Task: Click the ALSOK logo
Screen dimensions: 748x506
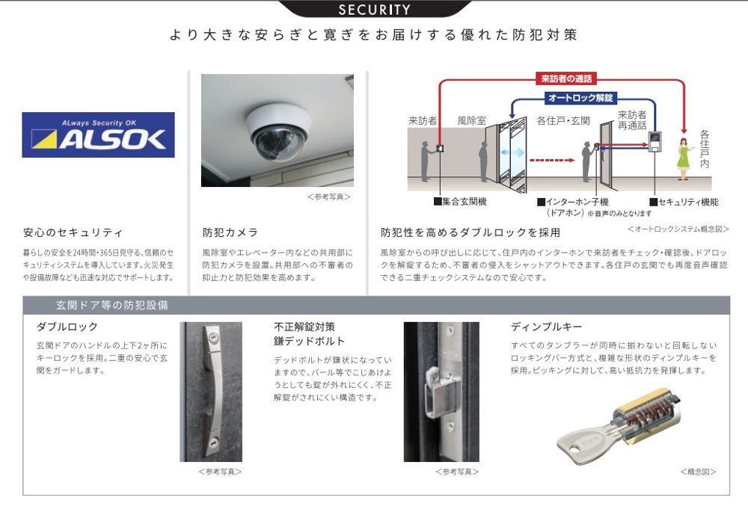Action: (x=98, y=135)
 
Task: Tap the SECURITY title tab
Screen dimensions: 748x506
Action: (x=374, y=9)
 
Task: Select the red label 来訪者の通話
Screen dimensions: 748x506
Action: (x=566, y=78)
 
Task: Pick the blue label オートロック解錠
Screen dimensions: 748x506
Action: (x=580, y=98)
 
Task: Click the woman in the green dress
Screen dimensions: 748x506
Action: (x=684, y=158)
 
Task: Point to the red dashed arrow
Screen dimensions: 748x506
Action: (x=552, y=160)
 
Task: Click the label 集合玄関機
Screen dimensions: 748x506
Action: (x=460, y=202)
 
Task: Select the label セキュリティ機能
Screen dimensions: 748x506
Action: (x=684, y=202)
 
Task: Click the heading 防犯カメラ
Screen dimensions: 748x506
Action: (x=230, y=232)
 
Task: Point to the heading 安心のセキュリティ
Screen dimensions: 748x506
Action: (x=73, y=232)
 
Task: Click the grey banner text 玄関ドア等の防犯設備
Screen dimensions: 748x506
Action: (x=112, y=305)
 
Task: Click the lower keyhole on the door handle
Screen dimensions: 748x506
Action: (x=212, y=441)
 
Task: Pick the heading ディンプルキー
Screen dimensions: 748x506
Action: (x=547, y=327)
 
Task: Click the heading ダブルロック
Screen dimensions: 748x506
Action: (x=67, y=327)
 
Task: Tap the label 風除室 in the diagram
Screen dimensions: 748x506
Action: (x=471, y=121)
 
